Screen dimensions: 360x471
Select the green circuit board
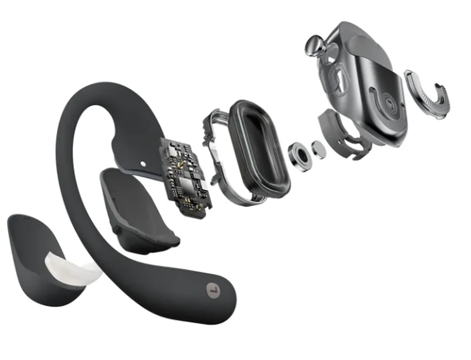point(185,177)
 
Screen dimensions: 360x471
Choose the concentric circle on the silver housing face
point(390,103)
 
